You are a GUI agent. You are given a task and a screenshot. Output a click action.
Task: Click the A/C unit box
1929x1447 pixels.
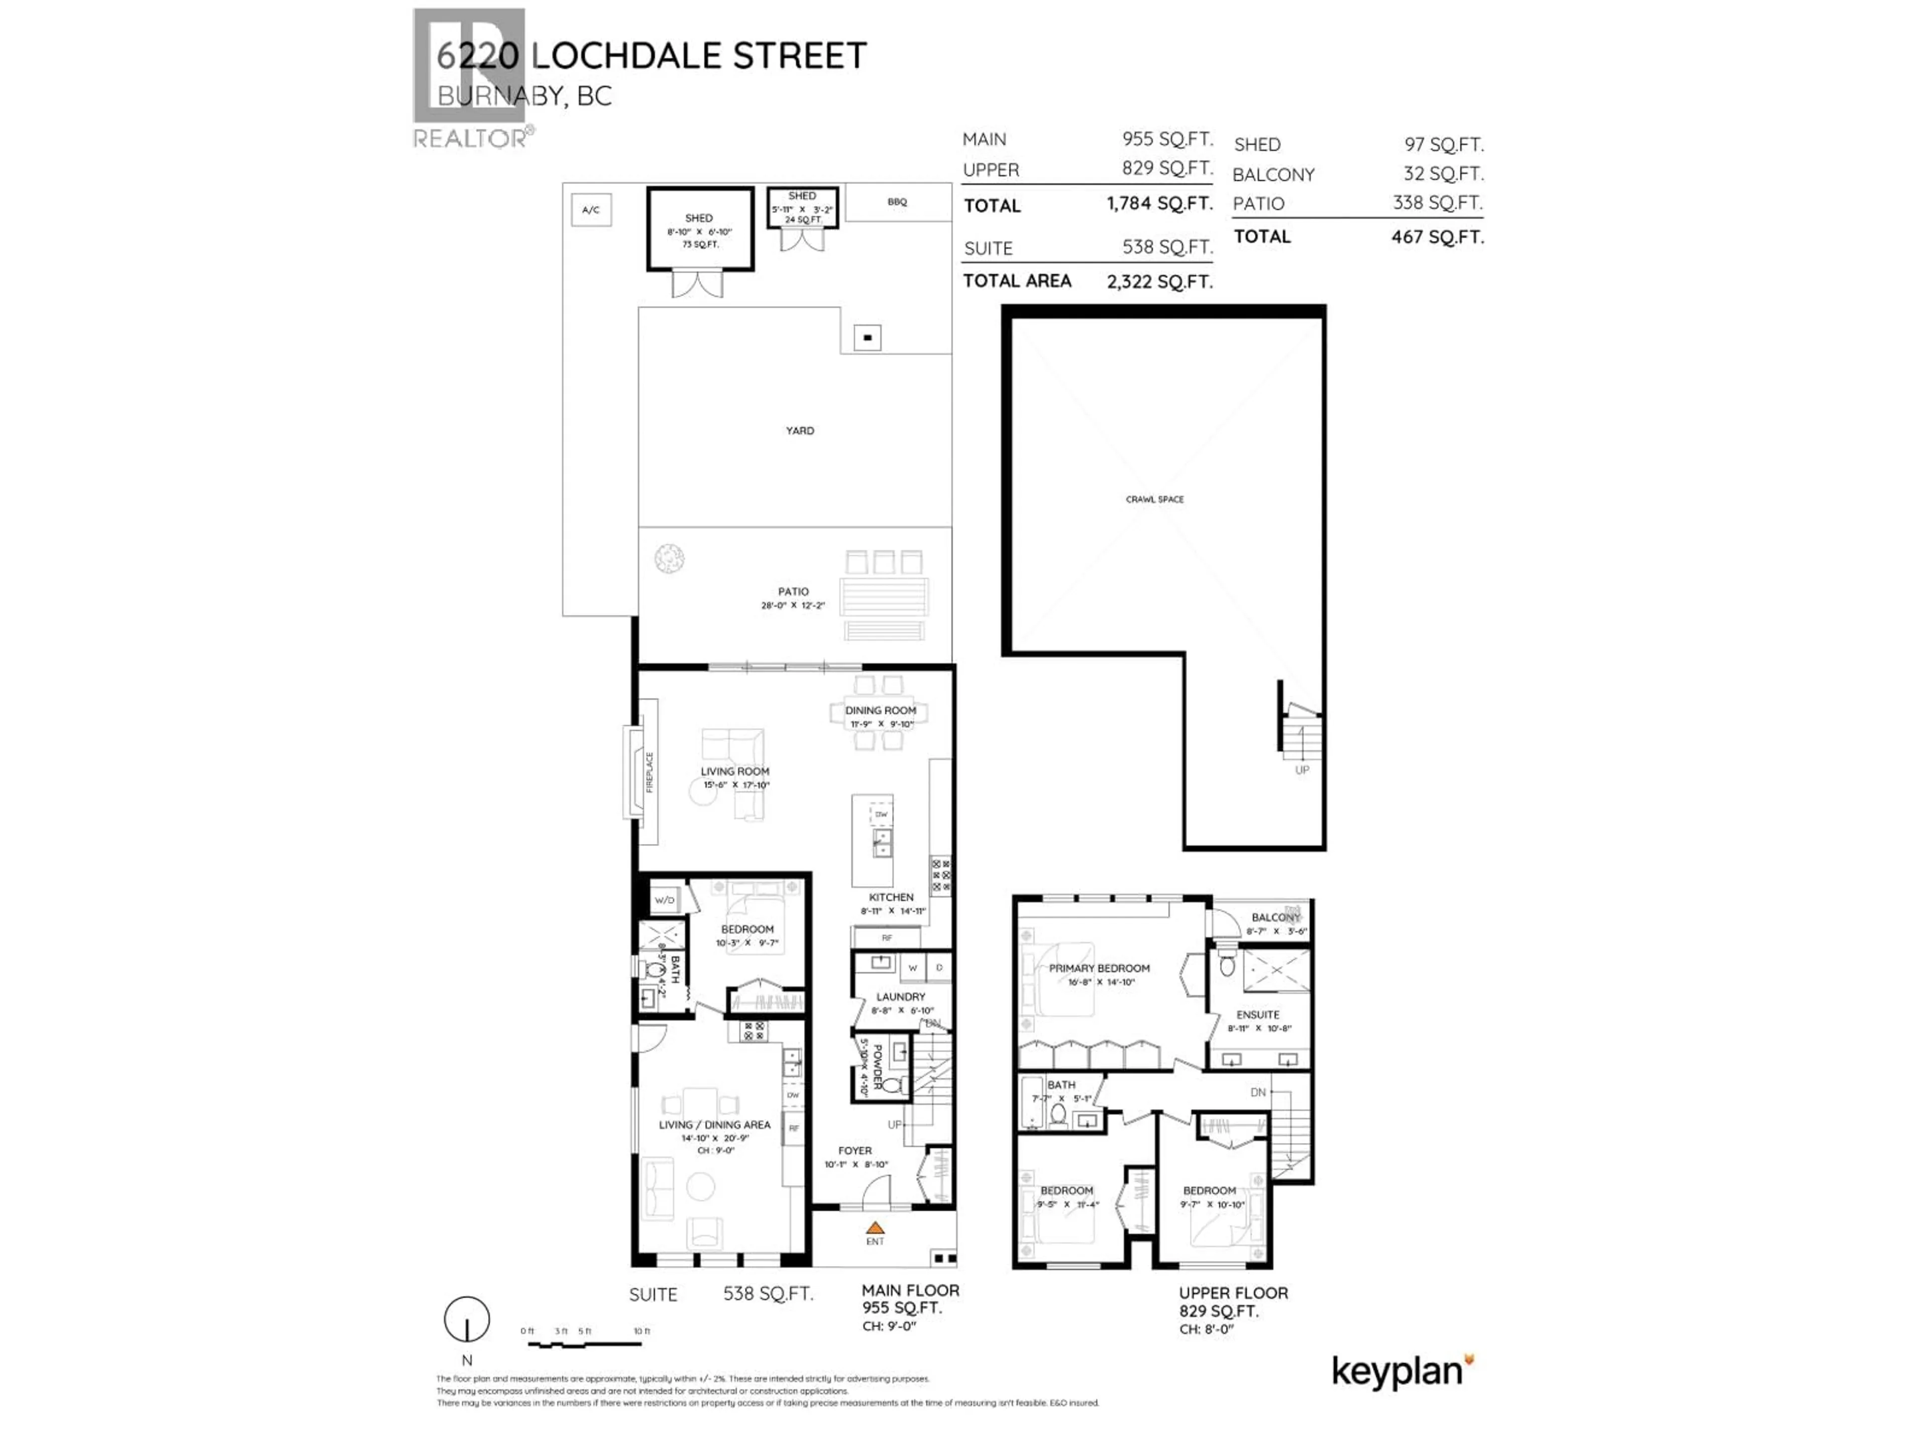[590, 210]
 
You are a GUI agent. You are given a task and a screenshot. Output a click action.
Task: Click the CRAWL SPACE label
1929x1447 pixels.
[1154, 500]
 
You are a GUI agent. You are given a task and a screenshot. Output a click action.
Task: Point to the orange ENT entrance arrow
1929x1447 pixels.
[875, 1228]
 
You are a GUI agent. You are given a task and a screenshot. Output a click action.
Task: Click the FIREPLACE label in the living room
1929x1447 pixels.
[650, 772]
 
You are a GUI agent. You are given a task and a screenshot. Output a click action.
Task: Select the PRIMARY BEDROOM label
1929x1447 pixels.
[1099, 968]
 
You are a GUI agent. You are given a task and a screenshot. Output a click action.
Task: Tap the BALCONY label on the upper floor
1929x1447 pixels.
[1275, 917]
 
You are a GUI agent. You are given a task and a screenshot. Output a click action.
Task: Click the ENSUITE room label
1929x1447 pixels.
[1257, 1014]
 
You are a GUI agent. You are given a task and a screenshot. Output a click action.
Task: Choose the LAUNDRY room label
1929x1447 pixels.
[901, 996]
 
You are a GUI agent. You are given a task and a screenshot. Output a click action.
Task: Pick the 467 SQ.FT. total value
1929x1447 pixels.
[1437, 237]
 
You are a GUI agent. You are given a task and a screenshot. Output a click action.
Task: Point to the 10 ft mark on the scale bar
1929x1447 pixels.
[642, 1332]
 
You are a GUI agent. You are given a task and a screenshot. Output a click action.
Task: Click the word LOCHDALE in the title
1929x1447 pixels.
[624, 56]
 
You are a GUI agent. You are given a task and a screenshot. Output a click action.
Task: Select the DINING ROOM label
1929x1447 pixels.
[880, 710]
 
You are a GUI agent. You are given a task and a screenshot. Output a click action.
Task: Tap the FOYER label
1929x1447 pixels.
[854, 1151]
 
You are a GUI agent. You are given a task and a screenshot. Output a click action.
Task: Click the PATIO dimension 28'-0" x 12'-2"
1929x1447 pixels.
[793, 605]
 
